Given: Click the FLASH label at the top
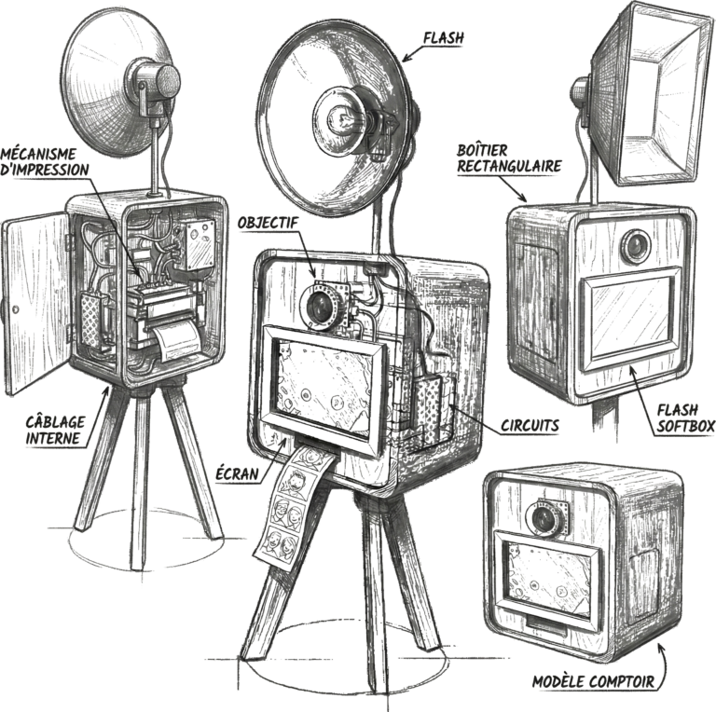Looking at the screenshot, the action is coord(443,38).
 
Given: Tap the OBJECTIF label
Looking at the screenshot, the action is coord(268,223).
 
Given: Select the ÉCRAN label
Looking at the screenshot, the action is coord(238,474).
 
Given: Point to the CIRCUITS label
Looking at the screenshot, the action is coord(530,425).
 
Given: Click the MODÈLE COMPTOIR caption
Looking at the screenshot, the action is coord(594,681).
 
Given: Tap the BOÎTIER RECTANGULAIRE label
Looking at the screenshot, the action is coord(509,157).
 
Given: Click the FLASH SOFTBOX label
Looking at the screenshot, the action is coord(685,418).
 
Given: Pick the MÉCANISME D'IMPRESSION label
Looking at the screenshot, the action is coord(45,161).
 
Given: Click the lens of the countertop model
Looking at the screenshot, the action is coord(544,517).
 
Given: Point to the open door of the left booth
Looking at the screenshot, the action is coord(36,301).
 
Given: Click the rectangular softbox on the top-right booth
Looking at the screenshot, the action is coord(651,93).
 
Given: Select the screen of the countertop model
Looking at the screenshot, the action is coord(550,579).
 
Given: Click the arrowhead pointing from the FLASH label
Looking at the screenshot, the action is coord(406,57).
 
